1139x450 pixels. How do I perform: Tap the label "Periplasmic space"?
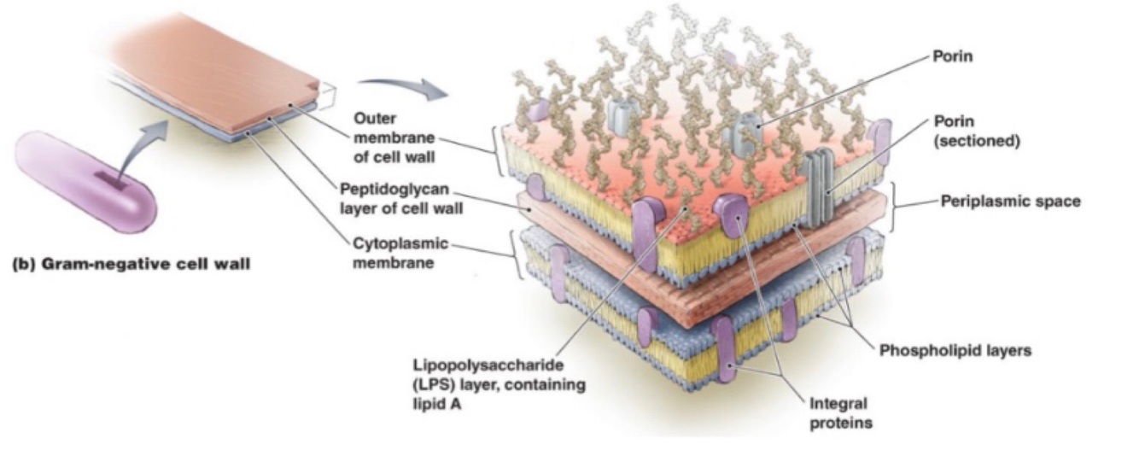pyautogui.click(x=1010, y=202)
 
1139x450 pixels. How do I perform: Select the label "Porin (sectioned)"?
pyautogui.click(x=978, y=132)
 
